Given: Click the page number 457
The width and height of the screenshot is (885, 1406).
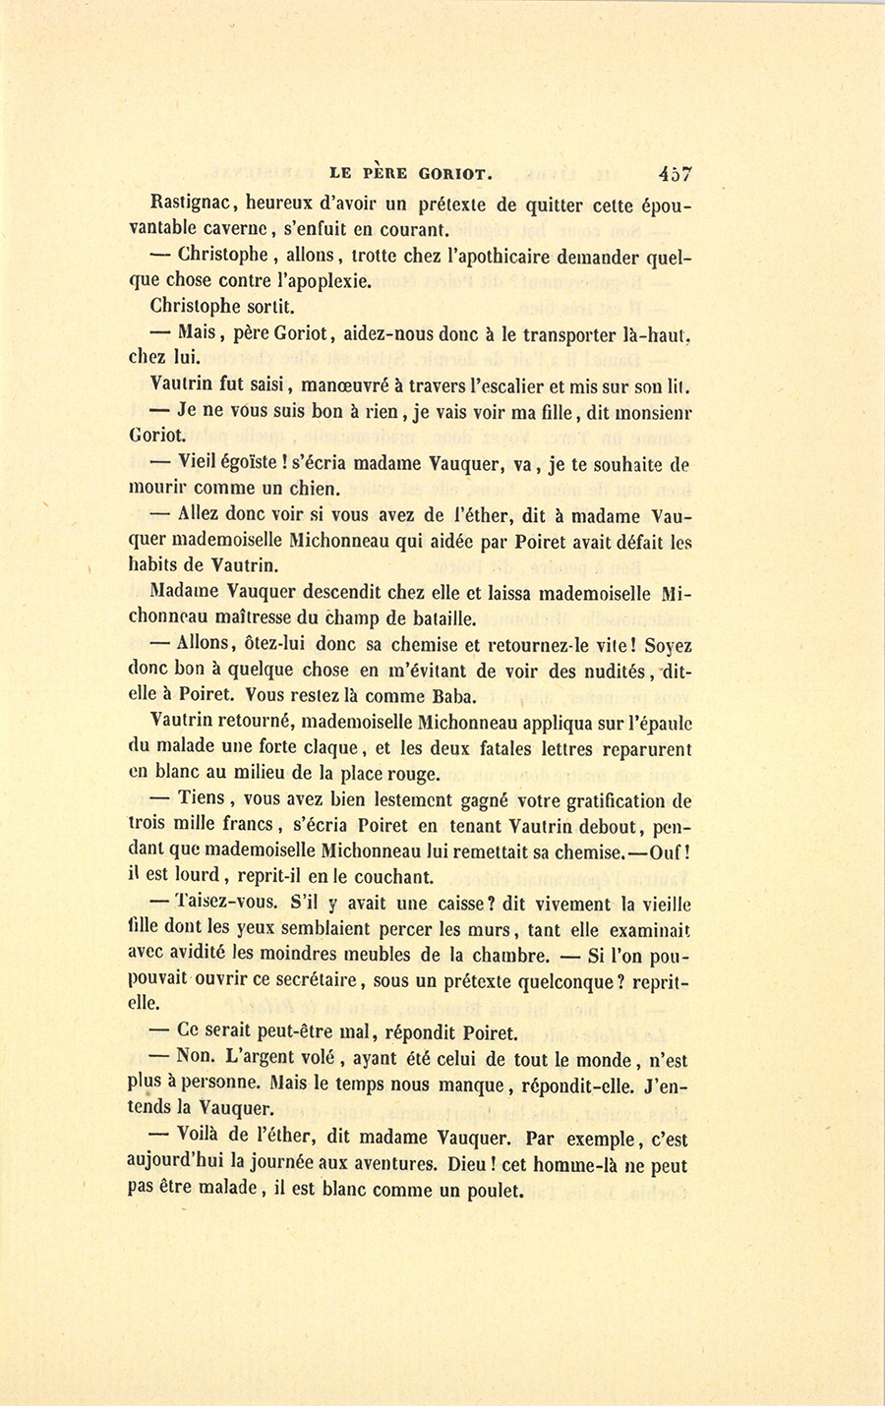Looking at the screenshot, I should point(676,174).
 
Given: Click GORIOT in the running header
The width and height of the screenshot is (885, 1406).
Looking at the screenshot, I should point(450,174).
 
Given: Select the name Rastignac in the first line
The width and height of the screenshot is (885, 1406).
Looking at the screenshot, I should point(192,205).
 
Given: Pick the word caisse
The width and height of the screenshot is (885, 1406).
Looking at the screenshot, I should point(477,903).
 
